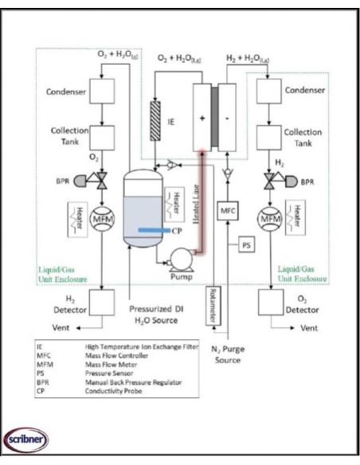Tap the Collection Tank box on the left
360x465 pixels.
click(82, 136)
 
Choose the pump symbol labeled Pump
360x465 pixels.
click(175, 257)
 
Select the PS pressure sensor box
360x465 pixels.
click(248, 244)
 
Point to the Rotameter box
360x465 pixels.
click(212, 307)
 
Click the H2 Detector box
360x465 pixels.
click(82, 303)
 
